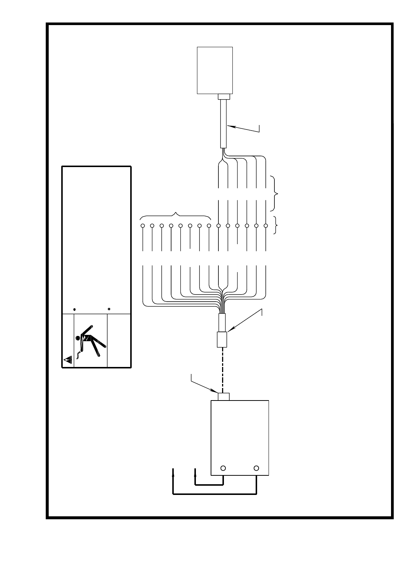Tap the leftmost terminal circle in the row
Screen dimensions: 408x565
pos(142,225)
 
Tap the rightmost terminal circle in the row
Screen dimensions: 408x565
pos(266,225)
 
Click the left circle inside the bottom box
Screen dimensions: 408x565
pos(223,468)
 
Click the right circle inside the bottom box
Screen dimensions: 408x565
pos(256,468)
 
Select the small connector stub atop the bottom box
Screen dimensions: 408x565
pos(224,396)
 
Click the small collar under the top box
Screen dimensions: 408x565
pos(224,97)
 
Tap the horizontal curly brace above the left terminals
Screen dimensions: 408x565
pos(176,214)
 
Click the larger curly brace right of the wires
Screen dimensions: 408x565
pos(276,194)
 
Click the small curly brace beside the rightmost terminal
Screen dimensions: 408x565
pos(276,225)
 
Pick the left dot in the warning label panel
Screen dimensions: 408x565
pos(75,309)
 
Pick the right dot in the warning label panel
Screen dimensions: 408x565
pos(109,309)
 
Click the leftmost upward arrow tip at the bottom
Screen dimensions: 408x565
pos(173,470)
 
